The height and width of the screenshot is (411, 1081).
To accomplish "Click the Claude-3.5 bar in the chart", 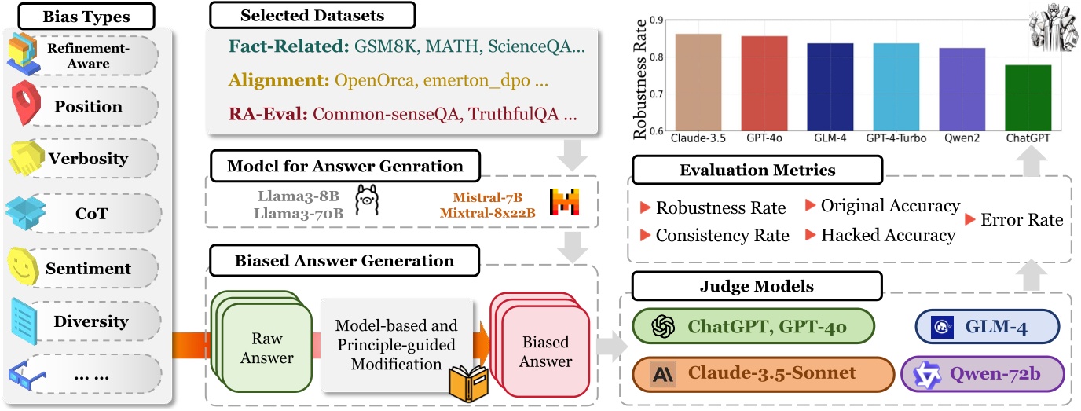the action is pos(698,82).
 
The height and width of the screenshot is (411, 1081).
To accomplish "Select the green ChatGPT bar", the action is pos(1028,98).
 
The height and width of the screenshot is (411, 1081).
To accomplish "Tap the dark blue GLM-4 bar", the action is pos(830,87).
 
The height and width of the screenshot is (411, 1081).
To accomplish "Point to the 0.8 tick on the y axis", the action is pos(657,57).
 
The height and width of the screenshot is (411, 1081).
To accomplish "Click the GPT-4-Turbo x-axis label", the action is pos(896,138).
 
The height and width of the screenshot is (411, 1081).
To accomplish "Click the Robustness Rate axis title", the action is pos(640,79).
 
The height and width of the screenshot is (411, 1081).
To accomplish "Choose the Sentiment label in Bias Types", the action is pos(88,269).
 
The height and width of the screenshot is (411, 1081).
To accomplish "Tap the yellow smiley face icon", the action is pos(23,266).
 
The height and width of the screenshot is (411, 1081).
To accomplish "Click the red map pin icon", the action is pos(26,102).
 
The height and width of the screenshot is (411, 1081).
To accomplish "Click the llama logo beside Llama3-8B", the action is pos(367,200).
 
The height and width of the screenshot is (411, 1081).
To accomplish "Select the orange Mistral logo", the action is pos(564,202).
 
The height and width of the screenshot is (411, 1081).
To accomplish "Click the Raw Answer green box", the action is pos(267,347).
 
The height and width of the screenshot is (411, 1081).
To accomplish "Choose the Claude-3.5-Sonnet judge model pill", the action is pos(763,374).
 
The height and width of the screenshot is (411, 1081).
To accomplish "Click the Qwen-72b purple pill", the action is pos(983,374).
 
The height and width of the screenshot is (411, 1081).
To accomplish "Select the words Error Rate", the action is pos(1021,220).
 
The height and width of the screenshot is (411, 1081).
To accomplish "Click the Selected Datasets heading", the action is pos(312,16).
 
